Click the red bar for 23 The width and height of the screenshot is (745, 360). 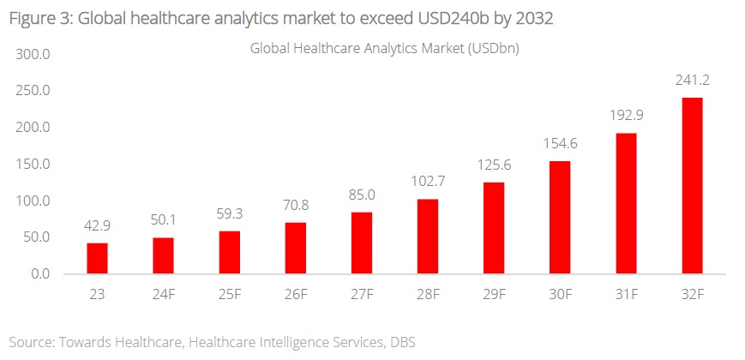tap(97, 258)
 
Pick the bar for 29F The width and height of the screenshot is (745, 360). tap(493, 228)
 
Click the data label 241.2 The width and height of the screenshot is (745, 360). tap(691, 81)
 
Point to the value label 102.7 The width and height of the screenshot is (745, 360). tap(427, 183)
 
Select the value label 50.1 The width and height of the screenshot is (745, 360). tap(163, 221)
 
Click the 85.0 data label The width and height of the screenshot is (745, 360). tap(361, 195)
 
